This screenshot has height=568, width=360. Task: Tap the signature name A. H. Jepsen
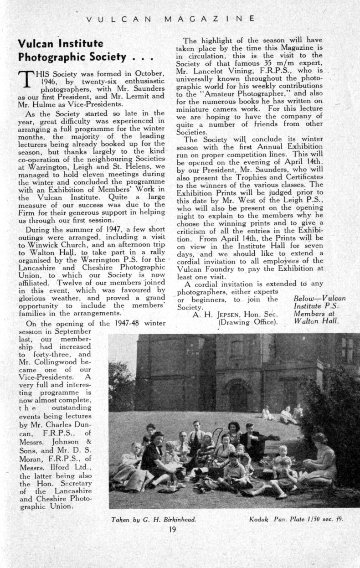pos(216,314)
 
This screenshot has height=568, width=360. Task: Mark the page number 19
pos(173,530)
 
